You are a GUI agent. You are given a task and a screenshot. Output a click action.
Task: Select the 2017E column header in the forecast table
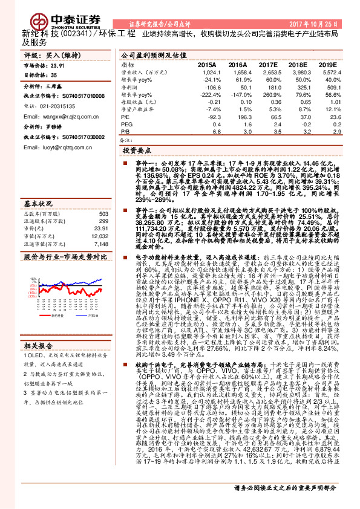point(269,63)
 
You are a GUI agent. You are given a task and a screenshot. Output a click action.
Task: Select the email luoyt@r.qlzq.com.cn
point(55,147)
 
